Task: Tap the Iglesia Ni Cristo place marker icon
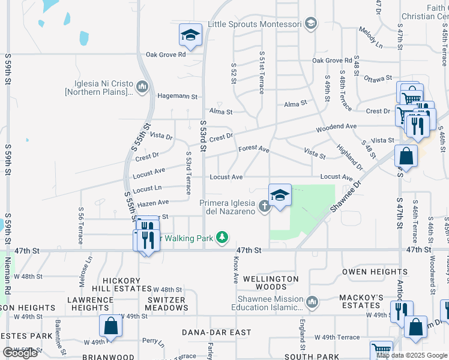(142, 88)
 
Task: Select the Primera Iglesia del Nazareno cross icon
(264, 207)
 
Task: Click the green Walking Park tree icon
(222, 238)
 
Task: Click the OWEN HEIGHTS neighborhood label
(366, 272)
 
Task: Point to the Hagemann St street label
(178, 96)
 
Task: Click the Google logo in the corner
(20, 353)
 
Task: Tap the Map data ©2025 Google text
(411, 355)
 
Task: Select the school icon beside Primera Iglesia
(280, 196)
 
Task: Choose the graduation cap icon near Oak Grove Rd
(190, 35)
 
